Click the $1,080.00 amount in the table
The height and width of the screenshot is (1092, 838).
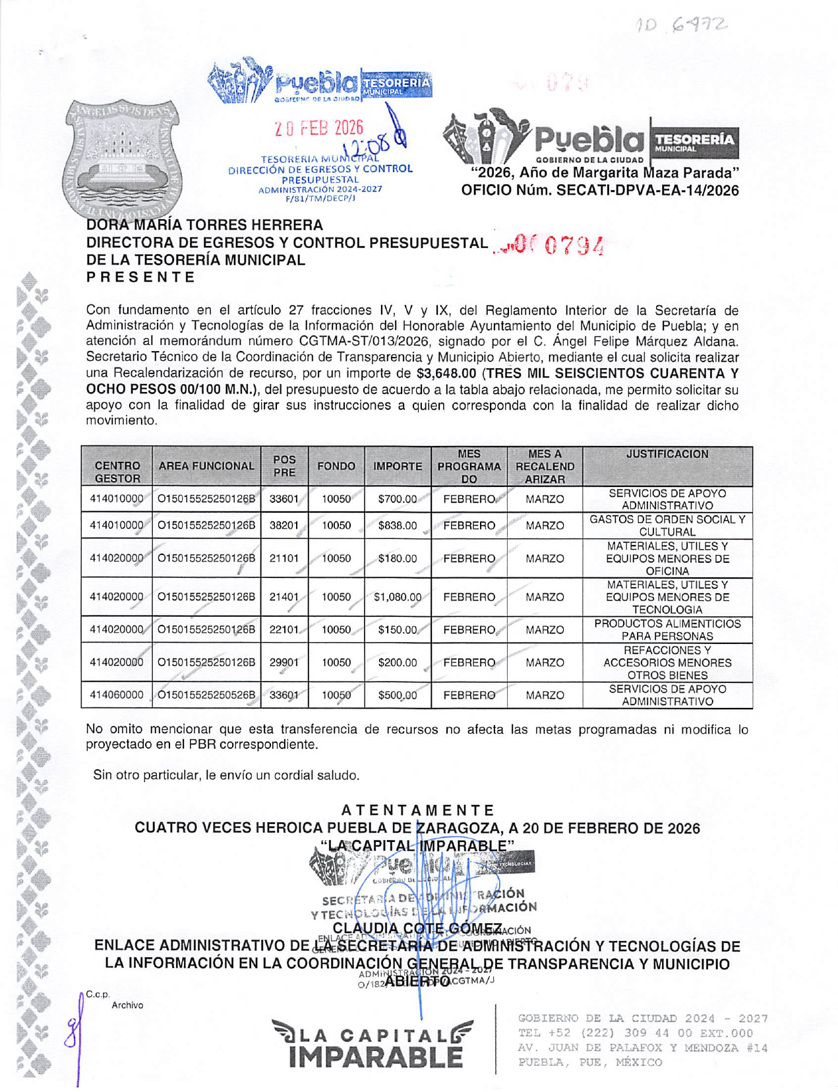click(x=397, y=597)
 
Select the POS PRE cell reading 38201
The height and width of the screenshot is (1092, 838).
click(x=284, y=526)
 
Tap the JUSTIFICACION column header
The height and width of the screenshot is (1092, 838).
click(x=667, y=455)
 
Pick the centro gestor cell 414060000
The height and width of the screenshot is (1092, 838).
click(x=117, y=695)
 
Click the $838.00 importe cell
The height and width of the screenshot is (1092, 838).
click(x=397, y=526)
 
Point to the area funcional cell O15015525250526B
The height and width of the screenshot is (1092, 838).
click(x=206, y=695)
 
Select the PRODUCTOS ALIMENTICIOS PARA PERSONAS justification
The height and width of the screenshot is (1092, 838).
click(x=667, y=630)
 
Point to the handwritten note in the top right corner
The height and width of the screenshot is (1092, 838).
click(x=681, y=26)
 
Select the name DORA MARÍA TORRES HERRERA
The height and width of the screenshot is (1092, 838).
click(x=204, y=226)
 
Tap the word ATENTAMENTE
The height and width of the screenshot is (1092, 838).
click(x=418, y=810)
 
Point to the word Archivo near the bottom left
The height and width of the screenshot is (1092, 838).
click(x=127, y=1005)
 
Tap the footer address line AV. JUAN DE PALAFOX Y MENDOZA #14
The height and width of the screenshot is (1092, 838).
click(x=643, y=1048)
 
